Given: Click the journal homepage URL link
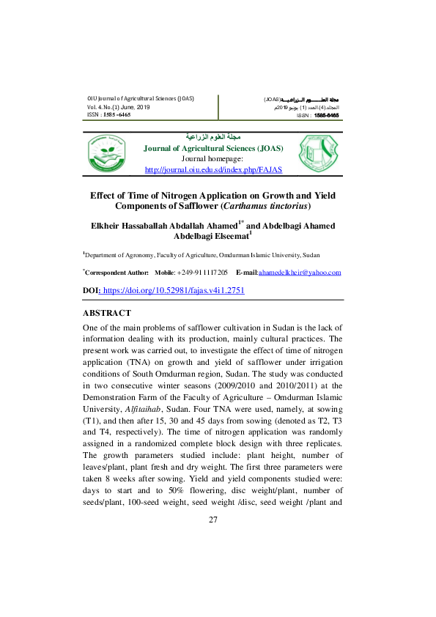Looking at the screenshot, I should [x=213, y=169].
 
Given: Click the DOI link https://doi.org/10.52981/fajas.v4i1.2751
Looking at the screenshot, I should [x=174, y=290].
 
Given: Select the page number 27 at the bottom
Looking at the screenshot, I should [x=213, y=520].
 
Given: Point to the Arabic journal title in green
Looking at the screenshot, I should [x=213, y=137].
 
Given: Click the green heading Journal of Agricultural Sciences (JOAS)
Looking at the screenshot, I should [x=213, y=147].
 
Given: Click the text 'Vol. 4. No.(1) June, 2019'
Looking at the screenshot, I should [x=118, y=107].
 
